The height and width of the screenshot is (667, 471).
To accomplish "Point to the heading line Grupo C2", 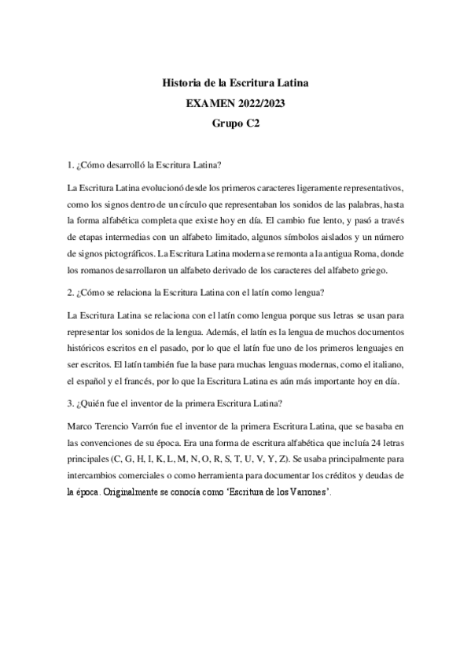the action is (235, 123).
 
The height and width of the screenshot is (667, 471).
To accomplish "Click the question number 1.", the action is (72, 165).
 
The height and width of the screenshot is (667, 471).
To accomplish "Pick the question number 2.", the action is (72, 294).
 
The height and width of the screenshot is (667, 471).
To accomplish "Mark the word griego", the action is (386, 271).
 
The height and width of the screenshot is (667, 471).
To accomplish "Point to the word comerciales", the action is (143, 475).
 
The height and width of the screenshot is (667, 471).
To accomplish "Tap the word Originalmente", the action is (137, 492).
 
